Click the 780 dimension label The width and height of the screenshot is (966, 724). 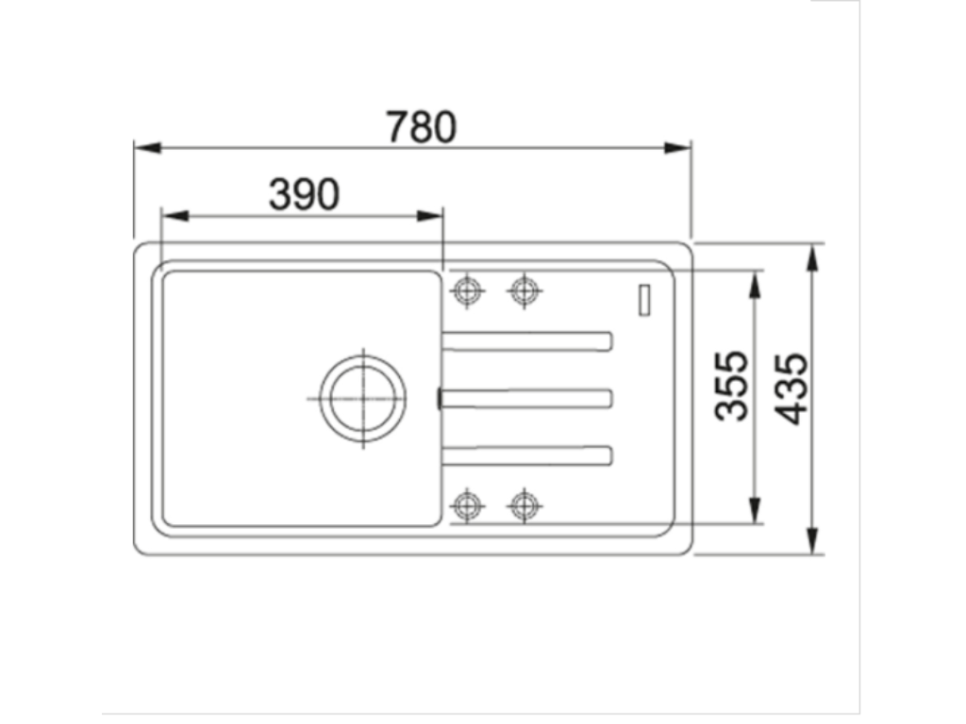[422, 127]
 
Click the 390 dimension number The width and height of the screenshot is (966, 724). [304, 194]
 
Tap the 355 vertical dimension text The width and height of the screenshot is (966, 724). [731, 386]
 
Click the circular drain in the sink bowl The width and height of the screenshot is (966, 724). [362, 398]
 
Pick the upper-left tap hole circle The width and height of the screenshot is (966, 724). [466, 290]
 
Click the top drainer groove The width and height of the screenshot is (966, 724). [528, 340]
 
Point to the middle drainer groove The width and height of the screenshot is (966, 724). [528, 399]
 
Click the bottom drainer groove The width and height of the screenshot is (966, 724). [528, 455]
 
